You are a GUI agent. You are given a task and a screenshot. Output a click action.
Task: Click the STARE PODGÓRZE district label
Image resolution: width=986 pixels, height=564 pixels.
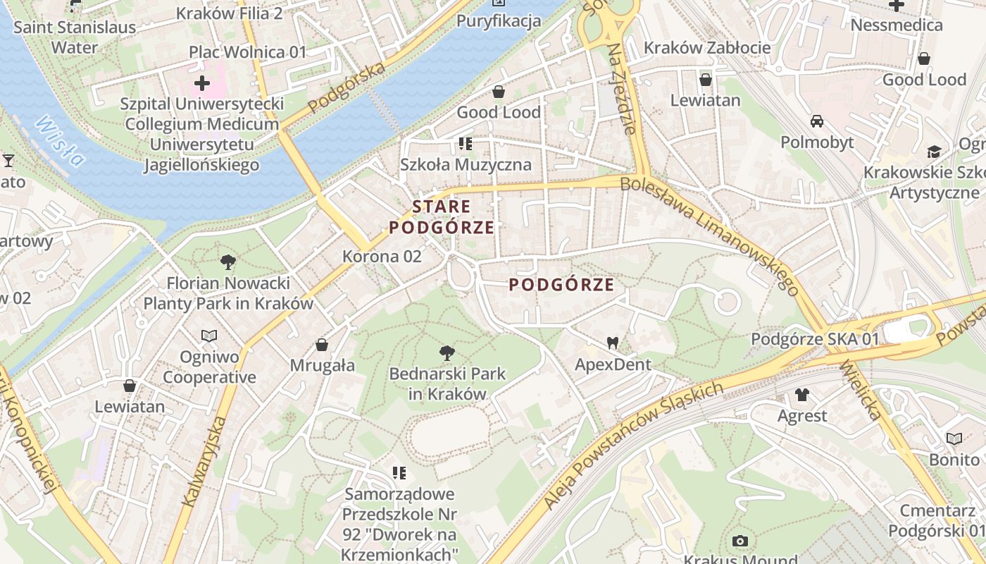point(442,216)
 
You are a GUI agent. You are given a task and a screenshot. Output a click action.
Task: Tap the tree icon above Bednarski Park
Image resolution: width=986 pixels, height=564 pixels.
point(447,352)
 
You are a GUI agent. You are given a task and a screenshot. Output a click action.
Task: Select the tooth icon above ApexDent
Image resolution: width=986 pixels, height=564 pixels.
point(613,343)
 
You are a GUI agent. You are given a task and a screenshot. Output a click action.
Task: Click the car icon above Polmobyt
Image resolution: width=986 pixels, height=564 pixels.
point(817,121)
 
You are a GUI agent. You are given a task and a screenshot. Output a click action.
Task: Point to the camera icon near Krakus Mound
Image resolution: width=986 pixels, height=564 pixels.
point(739,541)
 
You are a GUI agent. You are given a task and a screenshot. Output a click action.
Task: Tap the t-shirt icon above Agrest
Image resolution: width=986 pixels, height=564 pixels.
point(802,394)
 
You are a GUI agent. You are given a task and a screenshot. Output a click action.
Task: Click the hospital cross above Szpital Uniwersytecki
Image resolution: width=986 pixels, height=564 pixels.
point(202,83)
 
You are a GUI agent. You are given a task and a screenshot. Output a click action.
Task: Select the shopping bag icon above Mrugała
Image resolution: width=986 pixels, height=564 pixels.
point(322,345)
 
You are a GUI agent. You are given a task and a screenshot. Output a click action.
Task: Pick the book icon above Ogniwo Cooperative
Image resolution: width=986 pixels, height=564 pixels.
point(209,336)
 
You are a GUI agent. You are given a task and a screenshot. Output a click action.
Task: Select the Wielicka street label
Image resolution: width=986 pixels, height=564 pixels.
point(861,391)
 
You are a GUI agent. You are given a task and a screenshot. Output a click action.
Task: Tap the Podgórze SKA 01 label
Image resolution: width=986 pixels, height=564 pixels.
point(815,339)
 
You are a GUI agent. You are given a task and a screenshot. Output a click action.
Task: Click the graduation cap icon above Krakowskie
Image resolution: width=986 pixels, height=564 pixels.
point(934,152)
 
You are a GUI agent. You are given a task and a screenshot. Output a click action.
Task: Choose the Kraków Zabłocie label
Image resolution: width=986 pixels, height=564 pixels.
point(707,48)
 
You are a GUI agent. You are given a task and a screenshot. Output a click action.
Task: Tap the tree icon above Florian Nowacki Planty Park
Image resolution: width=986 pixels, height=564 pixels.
point(227,262)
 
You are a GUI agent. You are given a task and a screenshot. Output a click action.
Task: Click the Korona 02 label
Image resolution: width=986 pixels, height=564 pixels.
point(382,256)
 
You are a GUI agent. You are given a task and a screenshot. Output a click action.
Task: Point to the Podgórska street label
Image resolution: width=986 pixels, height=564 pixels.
point(347,87)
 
